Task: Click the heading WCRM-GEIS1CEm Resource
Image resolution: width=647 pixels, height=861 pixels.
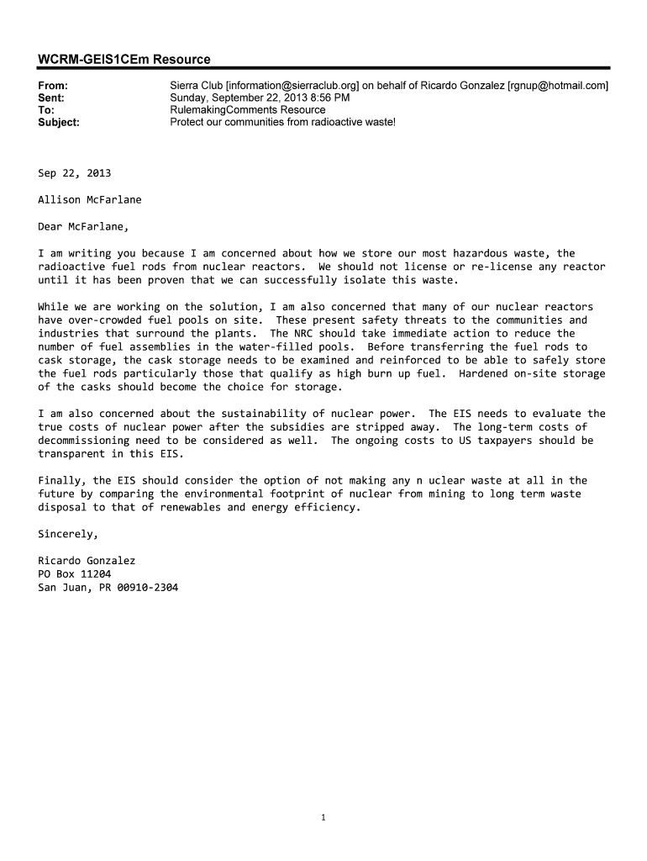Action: pyautogui.click(x=124, y=59)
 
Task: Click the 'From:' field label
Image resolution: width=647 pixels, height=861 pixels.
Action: pyautogui.click(x=53, y=86)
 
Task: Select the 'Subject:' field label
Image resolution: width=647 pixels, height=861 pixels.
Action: pyautogui.click(x=59, y=122)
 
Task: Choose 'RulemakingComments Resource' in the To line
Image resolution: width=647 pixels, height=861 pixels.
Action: pyautogui.click(x=247, y=110)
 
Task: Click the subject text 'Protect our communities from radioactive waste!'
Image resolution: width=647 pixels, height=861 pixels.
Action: pyautogui.click(x=282, y=122)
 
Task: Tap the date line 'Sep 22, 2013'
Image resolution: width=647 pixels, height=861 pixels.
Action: pyautogui.click(x=74, y=173)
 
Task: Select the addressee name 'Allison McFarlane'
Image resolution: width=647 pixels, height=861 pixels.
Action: pyautogui.click(x=90, y=200)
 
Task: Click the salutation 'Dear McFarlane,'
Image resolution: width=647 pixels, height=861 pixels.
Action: pyautogui.click(x=83, y=226)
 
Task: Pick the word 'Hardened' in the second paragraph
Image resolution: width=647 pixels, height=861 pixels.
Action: pyautogui.click(x=483, y=373)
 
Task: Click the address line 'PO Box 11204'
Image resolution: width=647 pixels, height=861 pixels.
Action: pyautogui.click(x=74, y=574)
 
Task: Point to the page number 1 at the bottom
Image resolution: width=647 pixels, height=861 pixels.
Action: pyautogui.click(x=323, y=817)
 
